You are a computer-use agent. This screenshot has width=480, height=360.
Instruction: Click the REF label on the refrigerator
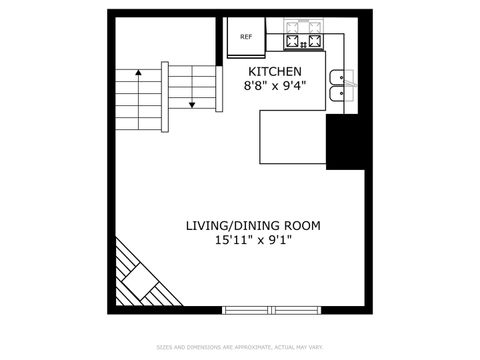[246, 37]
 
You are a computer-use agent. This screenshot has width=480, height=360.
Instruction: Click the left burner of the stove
[294, 41]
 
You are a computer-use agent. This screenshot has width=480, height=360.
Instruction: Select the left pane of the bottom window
[247, 309]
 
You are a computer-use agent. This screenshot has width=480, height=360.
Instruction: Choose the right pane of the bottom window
[297, 309]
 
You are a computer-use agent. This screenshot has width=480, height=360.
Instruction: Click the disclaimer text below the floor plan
[240, 347]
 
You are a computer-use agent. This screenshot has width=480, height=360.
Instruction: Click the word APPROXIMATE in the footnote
[251, 347]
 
